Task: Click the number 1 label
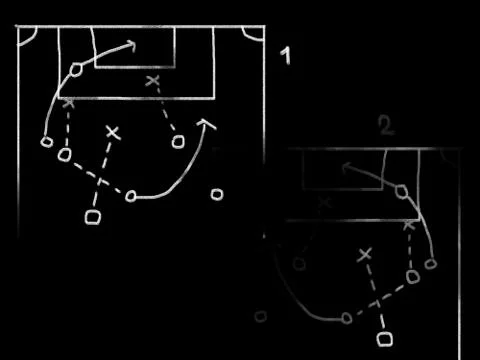pos(285,56)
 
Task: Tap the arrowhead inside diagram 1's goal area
pos(131,44)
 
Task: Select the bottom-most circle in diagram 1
pos(94,216)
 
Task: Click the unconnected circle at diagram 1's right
pos(216,194)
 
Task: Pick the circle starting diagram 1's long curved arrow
pos(131,196)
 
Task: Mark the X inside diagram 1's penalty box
pos(153,80)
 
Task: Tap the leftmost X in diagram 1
pos(68,103)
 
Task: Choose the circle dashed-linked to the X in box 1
pos(178,141)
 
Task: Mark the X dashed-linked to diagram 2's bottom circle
pos(364,256)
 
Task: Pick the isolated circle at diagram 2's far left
pos(260,316)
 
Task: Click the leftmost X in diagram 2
pos(324,203)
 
